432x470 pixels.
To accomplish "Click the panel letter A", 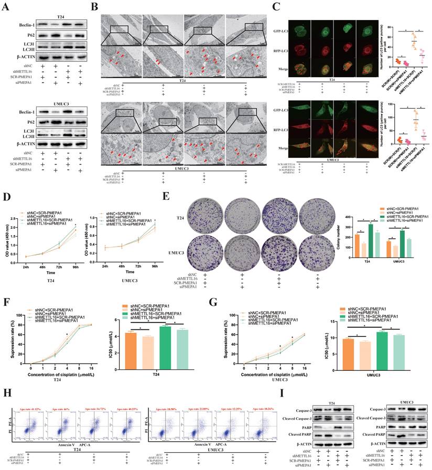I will tap(8, 7).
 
